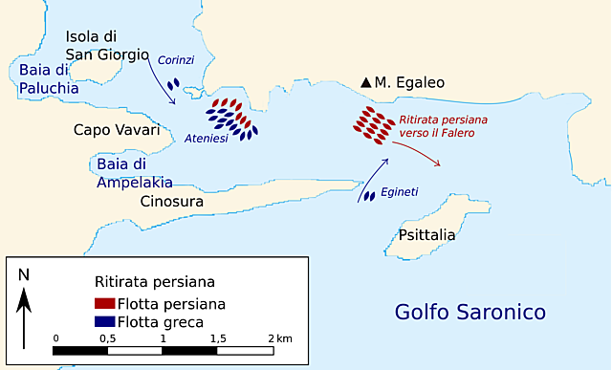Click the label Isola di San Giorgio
click(x=107, y=46)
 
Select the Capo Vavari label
click(x=117, y=130)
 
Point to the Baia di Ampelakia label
click(x=135, y=173)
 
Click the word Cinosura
click(x=173, y=202)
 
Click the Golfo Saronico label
click(x=470, y=313)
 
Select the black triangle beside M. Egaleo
click(x=366, y=84)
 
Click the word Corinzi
click(x=176, y=60)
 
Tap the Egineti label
click(x=400, y=192)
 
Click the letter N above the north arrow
click(x=24, y=274)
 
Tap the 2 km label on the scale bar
click(x=279, y=339)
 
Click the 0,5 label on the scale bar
click(x=108, y=339)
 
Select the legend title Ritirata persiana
click(x=154, y=283)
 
